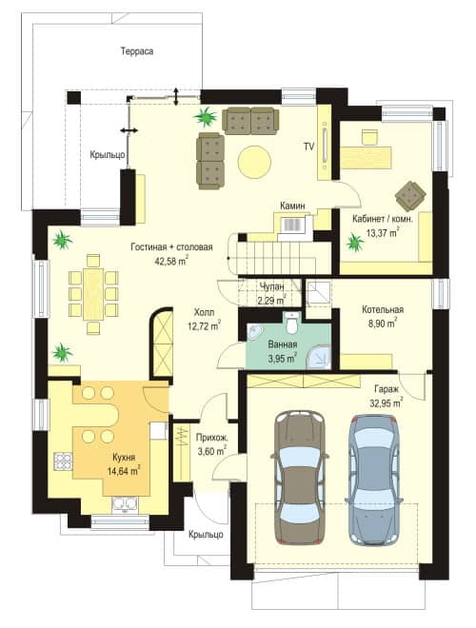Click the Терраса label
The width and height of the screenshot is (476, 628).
pos(137,51)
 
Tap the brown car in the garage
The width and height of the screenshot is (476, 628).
pos(299,477)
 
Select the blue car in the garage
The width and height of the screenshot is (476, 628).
pos(374,479)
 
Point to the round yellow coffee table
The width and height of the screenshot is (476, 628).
pos(254,162)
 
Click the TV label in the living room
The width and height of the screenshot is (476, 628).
pos(308,147)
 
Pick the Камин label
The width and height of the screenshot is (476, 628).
pos(292,206)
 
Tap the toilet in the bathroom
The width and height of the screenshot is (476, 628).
pos(291,323)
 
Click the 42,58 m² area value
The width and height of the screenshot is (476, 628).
pos(171,261)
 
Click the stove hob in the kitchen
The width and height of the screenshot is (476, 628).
pos(63,461)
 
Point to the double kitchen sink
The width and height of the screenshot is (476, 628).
pos(125,503)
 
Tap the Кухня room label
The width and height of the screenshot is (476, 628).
pos(124,458)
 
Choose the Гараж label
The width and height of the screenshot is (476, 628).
pos(387,389)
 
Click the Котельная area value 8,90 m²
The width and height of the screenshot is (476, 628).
pos(383,323)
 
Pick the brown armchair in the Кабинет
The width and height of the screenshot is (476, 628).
pos(410,196)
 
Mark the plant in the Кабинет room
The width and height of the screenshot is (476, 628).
pos(355,243)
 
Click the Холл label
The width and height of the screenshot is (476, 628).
pos(204,312)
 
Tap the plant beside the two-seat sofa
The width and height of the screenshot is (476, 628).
pos(206,116)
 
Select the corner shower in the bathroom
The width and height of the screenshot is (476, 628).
pos(319,357)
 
